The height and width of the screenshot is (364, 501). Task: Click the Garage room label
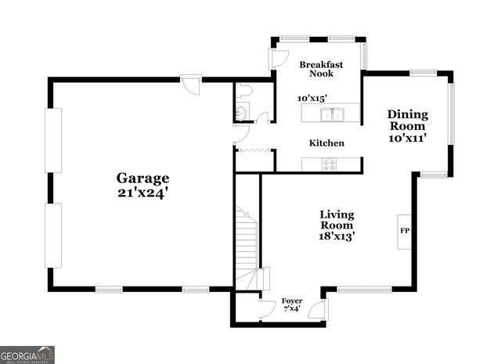(143, 178)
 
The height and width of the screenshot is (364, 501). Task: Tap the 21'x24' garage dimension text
(143, 193)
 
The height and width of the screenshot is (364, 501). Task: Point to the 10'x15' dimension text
(312, 98)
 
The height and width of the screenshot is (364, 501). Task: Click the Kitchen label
(326, 143)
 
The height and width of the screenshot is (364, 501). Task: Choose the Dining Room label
(407, 120)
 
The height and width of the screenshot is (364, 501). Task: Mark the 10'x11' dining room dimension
(407, 137)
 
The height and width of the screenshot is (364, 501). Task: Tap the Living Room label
(337, 220)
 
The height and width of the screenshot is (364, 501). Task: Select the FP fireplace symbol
(405, 231)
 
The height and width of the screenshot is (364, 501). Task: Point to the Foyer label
(292, 301)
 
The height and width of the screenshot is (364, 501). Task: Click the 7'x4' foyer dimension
(292, 309)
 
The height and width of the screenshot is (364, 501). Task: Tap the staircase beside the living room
(247, 243)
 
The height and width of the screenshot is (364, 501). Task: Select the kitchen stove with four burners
(330, 164)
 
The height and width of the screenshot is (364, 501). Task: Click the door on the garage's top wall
(189, 81)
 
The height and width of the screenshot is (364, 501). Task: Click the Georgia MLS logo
(27, 355)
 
